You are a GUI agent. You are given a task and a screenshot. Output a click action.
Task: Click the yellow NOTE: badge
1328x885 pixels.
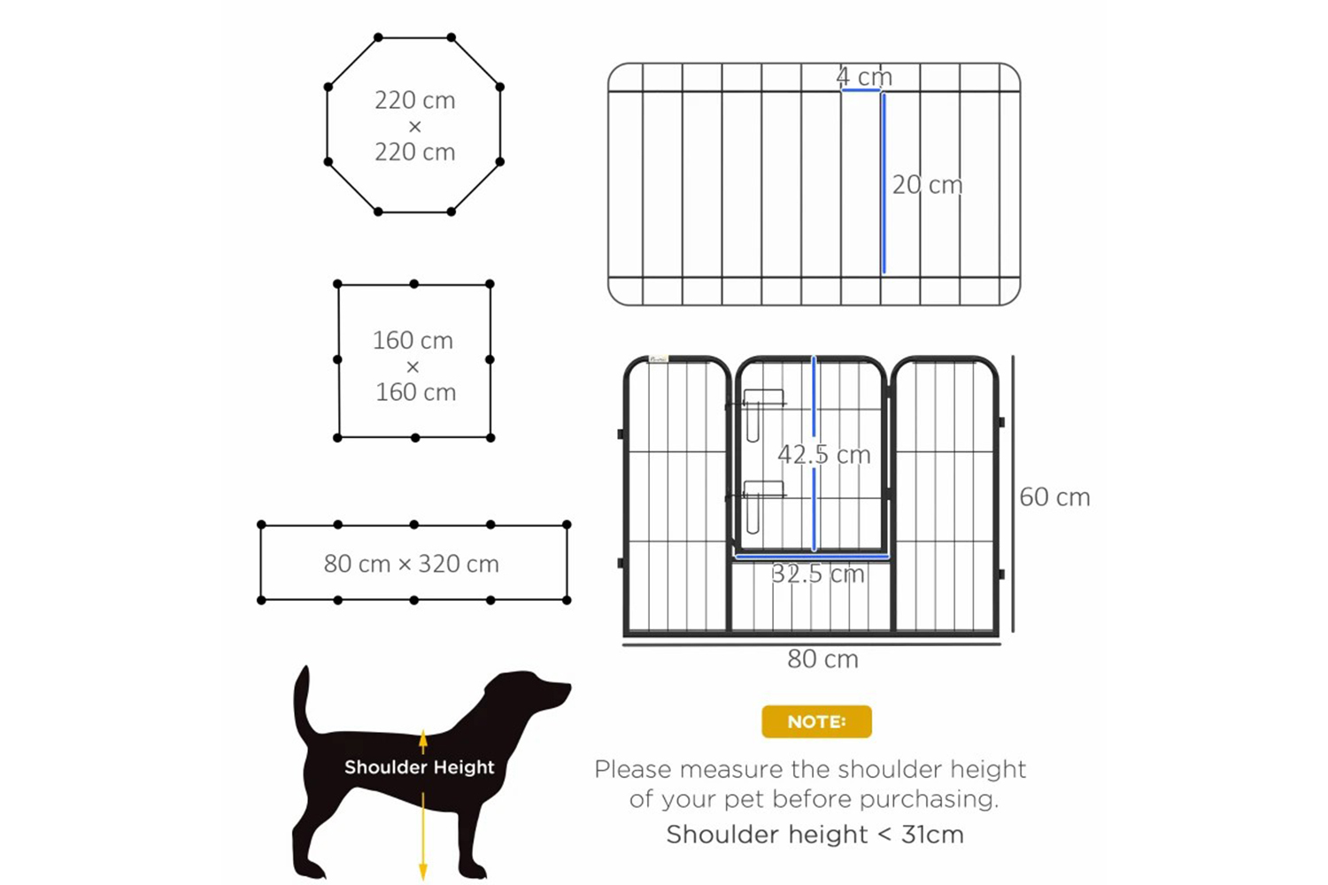point(816,721)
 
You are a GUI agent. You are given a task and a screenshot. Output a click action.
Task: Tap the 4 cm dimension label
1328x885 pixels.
point(864,76)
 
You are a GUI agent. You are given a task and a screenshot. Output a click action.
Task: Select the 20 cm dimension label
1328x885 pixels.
point(927,185)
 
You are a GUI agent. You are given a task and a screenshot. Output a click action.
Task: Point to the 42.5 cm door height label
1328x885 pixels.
point(824,454)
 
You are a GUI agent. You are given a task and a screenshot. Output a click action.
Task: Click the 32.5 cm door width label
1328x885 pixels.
point(817,573)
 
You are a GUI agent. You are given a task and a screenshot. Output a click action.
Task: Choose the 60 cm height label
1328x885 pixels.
point(1054,496)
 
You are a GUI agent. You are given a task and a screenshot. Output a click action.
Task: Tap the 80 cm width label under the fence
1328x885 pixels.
point(822,658)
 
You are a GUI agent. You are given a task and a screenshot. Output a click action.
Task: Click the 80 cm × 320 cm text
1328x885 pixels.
point(412,564)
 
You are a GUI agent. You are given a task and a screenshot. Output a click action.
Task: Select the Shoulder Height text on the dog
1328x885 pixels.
point(419,767)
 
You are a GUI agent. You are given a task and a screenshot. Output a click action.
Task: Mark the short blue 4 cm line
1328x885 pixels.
point(861,90)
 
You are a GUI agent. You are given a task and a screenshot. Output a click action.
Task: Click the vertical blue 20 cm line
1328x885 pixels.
point(884,183)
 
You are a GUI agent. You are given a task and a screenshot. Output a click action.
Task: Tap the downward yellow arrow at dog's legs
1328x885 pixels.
point(422,836)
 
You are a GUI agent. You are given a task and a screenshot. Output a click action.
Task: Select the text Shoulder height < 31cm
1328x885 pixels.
point(815,834)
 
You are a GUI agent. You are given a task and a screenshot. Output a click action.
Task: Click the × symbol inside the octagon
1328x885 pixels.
point(415,127)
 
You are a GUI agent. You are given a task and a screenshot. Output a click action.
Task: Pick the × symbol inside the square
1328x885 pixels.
point(413,367)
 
